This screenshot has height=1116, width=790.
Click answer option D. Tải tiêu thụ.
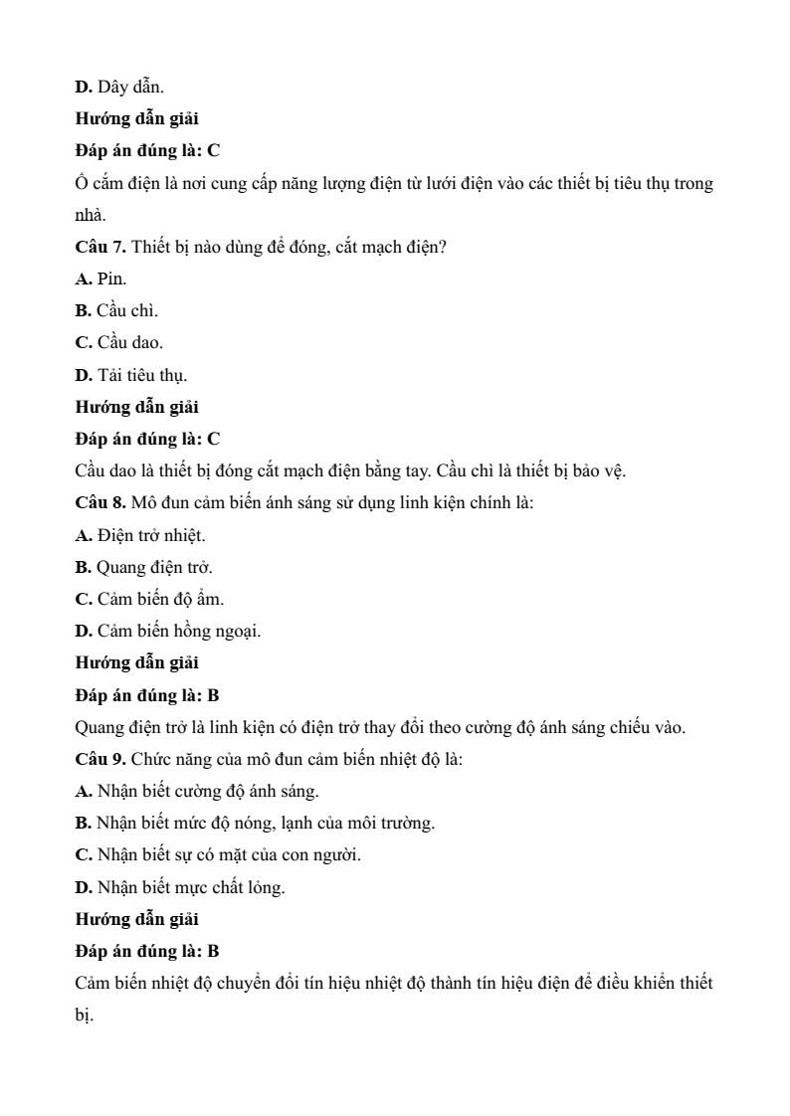click(131, 375)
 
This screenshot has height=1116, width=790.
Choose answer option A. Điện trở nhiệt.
click(141, 535)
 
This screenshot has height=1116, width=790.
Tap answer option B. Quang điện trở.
click(144, 567)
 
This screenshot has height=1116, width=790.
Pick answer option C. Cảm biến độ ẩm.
click(150, 599)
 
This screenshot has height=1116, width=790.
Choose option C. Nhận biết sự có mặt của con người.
click(218, 855)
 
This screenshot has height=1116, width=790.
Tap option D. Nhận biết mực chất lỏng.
click(180, 887)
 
